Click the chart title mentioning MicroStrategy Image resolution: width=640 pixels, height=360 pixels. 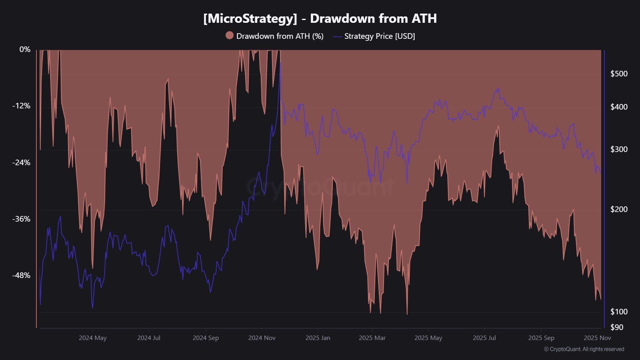[320, 18]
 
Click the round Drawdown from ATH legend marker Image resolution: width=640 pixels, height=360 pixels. [230, 36]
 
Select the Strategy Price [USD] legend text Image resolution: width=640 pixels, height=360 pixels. [380, 36]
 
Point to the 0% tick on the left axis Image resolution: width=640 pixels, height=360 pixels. [25, 49]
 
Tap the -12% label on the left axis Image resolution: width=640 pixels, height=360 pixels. [21, 106]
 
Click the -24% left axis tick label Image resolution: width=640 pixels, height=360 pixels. [21, 162]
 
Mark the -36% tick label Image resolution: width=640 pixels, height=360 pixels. [21, 219]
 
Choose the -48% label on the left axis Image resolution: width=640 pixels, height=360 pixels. [21, 275]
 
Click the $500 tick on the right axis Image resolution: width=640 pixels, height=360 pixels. [619, 74]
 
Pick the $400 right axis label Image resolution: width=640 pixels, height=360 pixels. [619, 107]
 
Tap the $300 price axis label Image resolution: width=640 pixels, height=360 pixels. [619, 149]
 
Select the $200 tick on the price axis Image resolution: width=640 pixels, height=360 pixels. [619, 209]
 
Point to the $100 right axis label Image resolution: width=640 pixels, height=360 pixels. [619, 311]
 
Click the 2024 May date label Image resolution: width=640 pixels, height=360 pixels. [93, 338]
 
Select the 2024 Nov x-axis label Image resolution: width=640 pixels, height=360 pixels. [262, 338]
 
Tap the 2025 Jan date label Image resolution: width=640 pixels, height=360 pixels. [318, 338]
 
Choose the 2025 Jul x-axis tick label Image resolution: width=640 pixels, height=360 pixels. [484, 338]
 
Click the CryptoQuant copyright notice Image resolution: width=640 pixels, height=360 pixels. [584, 349]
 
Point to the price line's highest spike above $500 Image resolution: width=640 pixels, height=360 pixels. [280, 63]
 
